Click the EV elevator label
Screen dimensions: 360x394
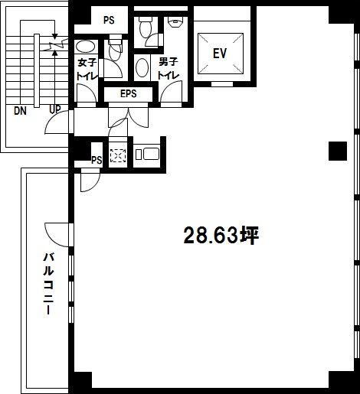click(x=220, y=54)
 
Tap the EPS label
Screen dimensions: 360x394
click(x=129, y=93)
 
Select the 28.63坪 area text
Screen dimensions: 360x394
click(x=221, y=236)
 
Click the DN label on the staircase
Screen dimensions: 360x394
click(x=20, y=111)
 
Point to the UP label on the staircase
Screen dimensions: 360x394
click(x=55, y=109)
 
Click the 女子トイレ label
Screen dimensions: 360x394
click(x=87, y=70)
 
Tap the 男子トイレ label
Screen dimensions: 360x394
click(x=168, y=69)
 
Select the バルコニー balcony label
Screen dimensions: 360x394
click(x=48, y=283)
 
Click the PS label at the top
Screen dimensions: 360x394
click(x=109, y=20)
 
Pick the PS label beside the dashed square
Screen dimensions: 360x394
click(x=97, y=160)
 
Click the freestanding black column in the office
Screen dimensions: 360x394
click(x=338, y=151)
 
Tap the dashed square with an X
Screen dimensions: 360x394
click(x=118, y=155)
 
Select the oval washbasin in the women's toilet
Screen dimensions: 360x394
click(x=85, y=47)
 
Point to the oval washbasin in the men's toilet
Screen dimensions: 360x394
click(x=142, y=67)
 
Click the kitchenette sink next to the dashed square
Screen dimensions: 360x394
click(x=148, y=155)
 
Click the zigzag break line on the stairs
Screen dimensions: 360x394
click(x=55, y=45)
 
